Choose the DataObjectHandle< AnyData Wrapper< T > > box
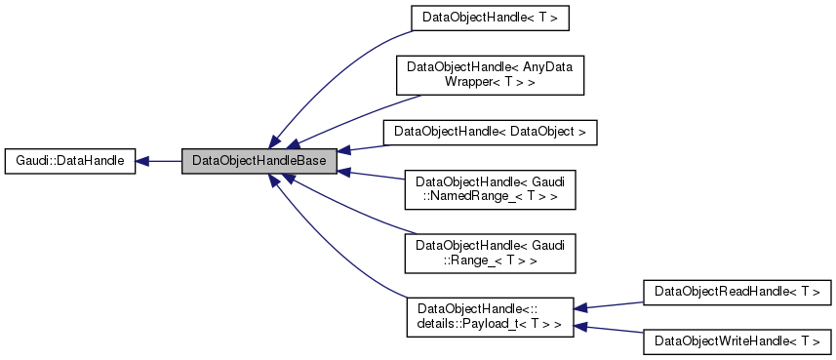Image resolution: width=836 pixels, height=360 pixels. [489, 75]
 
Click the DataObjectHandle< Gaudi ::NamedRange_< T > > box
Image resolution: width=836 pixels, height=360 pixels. [490, 189]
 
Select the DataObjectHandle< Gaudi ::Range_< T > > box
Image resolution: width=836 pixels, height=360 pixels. [490, 252]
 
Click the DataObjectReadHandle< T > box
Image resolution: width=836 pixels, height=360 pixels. [736, 291]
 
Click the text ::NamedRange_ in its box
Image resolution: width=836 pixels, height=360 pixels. [464, 196]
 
